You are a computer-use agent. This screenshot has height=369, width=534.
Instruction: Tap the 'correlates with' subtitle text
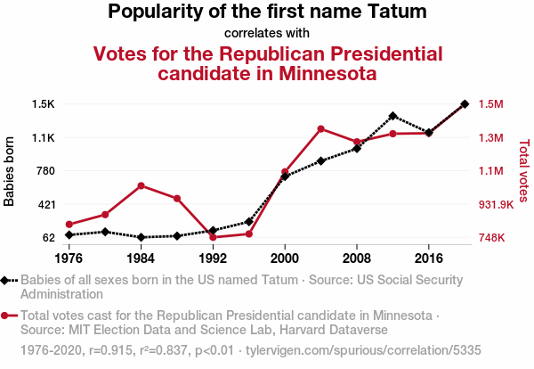pos(267,34)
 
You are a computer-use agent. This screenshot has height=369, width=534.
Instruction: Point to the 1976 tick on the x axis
pos(69,258)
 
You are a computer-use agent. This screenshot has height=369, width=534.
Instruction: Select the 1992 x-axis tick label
pos(213,258)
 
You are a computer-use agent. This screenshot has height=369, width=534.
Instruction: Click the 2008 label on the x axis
pos(357,258)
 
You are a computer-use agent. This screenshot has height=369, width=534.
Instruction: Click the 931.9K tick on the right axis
pos(498,204)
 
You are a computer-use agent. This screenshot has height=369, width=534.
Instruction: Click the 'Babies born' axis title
pos(11,171)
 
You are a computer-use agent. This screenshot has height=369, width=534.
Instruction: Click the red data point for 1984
pos(141,185)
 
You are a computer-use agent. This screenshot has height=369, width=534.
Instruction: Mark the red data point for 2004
pos(320,129)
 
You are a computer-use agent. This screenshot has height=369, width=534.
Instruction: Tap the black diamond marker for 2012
pos(392,116)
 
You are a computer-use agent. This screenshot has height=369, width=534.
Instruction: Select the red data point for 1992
pos(213,237)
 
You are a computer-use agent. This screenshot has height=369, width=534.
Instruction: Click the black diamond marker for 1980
pos(105,232)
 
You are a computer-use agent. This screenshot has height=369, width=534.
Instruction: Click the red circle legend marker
pos(6,316)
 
